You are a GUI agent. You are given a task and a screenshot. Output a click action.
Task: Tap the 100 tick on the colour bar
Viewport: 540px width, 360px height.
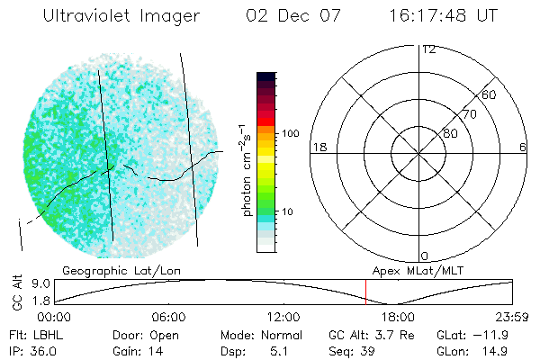291,133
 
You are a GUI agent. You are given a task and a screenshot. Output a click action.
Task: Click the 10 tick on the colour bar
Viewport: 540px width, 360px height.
291,211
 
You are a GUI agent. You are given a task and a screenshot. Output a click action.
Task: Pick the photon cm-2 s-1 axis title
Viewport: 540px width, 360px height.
247,166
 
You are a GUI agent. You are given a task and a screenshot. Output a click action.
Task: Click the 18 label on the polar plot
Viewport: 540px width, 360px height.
318,147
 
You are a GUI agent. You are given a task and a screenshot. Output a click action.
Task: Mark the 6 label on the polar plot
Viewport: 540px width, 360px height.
522,147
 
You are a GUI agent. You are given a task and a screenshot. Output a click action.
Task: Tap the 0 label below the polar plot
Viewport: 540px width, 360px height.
424,256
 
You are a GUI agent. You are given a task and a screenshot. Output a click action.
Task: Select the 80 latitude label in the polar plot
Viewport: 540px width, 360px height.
450,133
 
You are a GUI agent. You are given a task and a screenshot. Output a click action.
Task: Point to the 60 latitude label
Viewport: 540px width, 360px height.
490,94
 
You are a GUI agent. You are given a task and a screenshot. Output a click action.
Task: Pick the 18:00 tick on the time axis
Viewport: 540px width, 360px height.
398,317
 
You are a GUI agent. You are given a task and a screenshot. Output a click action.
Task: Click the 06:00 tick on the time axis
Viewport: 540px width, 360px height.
168,317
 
